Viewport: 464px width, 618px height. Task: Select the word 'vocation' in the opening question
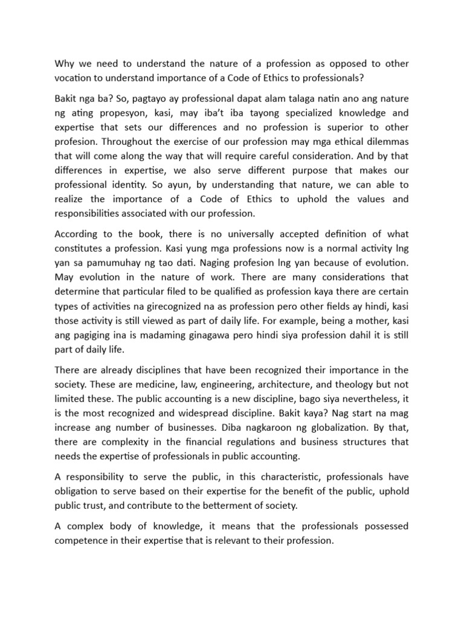[76, 78]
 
